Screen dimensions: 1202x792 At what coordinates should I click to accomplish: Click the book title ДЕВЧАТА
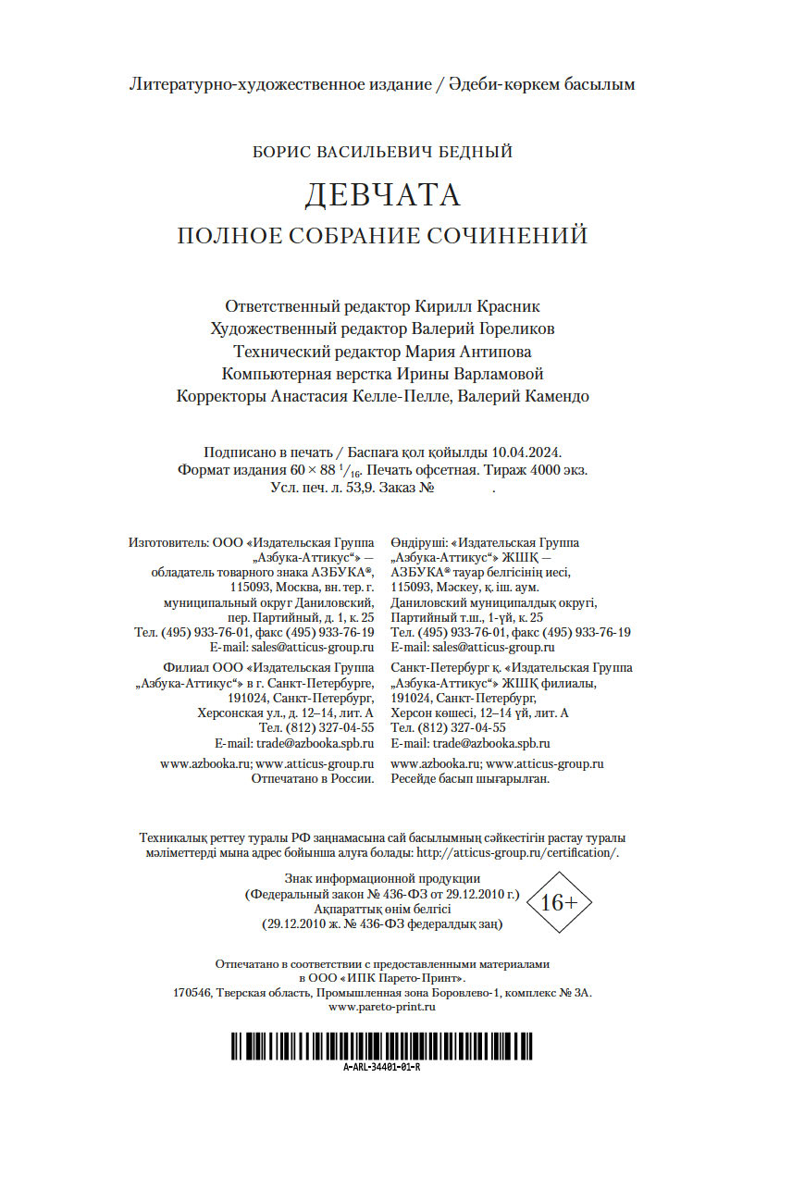click(x=382, y=195)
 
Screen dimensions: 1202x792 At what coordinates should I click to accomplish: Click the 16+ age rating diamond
click(x=558, y=902)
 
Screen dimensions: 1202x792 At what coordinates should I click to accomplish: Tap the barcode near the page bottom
click(x=381, y=1046)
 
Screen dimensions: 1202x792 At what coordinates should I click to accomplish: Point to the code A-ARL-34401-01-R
click(x=381, y=1067)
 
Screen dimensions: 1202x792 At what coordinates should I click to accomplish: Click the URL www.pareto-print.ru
click(x=382, y=1007)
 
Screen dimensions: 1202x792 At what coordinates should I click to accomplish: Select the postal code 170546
click(x=192, y=992)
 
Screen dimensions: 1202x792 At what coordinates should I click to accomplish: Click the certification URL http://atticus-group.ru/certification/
click(x=518, y=853)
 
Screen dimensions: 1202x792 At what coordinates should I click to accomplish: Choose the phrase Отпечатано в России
click(x=313, y=779)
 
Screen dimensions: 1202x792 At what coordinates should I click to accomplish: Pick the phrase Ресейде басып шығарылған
click(x=470, y=779)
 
